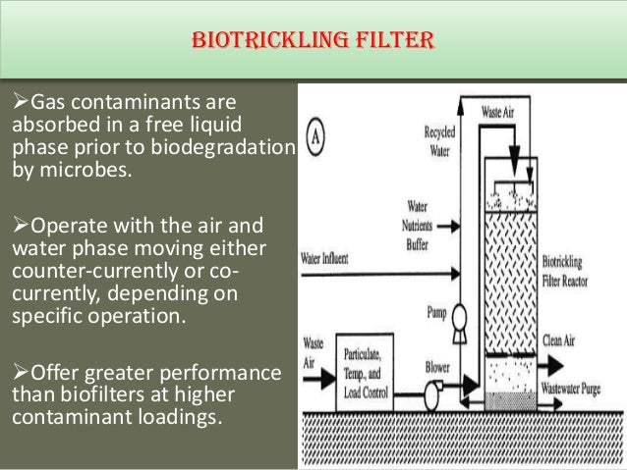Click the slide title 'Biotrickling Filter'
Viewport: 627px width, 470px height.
[313, 41]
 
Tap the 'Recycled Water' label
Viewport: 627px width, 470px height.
[439, 141]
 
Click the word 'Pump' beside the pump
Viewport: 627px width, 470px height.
[436, 313]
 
